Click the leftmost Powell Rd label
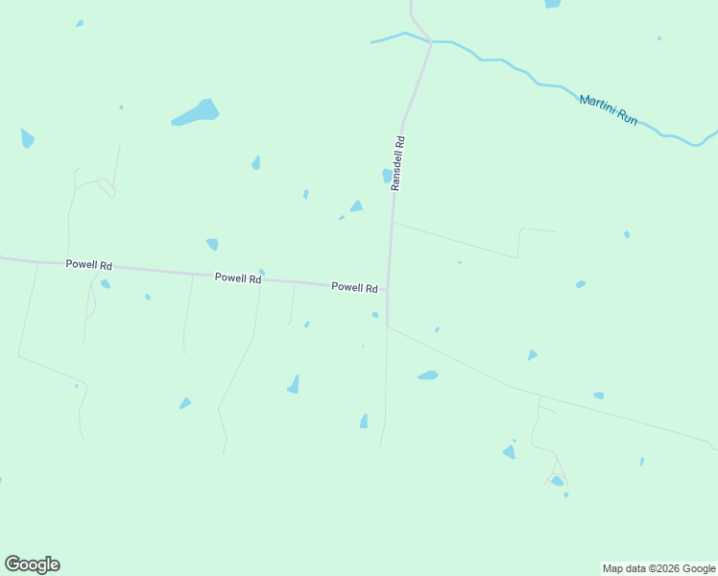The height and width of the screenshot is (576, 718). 89,265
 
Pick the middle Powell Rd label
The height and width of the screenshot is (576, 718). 238,277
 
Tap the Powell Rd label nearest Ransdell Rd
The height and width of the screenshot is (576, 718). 354,287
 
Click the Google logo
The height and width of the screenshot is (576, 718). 33,564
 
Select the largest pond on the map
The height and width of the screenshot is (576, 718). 199,112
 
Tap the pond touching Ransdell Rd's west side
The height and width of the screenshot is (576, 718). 387,176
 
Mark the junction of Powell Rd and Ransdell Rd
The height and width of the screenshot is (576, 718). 388,288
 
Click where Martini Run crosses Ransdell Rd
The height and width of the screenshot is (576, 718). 431,41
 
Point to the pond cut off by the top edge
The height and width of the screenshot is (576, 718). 552,3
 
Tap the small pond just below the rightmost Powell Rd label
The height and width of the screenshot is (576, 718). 374,314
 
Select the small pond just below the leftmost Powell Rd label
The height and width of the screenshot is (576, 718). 105,283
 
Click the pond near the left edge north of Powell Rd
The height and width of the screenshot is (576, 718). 27,138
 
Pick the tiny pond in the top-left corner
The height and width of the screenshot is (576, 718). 80,23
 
